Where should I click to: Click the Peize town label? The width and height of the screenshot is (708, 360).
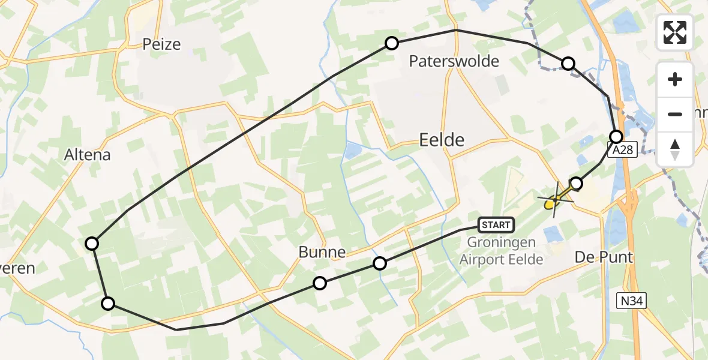tap(161, 44)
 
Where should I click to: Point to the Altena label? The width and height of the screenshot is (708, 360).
tap(88, 155)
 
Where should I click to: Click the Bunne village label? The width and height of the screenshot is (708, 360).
tap(322, 253)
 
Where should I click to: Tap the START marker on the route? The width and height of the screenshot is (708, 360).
tap(496, 225)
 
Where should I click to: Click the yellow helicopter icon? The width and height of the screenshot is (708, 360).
tap(553, 201)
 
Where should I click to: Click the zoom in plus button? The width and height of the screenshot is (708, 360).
tap(675, 80)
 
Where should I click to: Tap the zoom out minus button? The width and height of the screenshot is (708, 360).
tap(675, 114)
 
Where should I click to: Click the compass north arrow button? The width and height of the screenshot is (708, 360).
tap(675, 149)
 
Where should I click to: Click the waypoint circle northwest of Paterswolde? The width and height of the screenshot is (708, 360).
tap(392, 43)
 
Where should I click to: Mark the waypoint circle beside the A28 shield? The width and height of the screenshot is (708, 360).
tap(616, 136)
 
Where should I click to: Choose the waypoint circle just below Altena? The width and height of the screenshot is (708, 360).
tap(92, 243)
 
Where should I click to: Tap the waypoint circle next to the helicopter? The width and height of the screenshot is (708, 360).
tap(576, 183)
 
